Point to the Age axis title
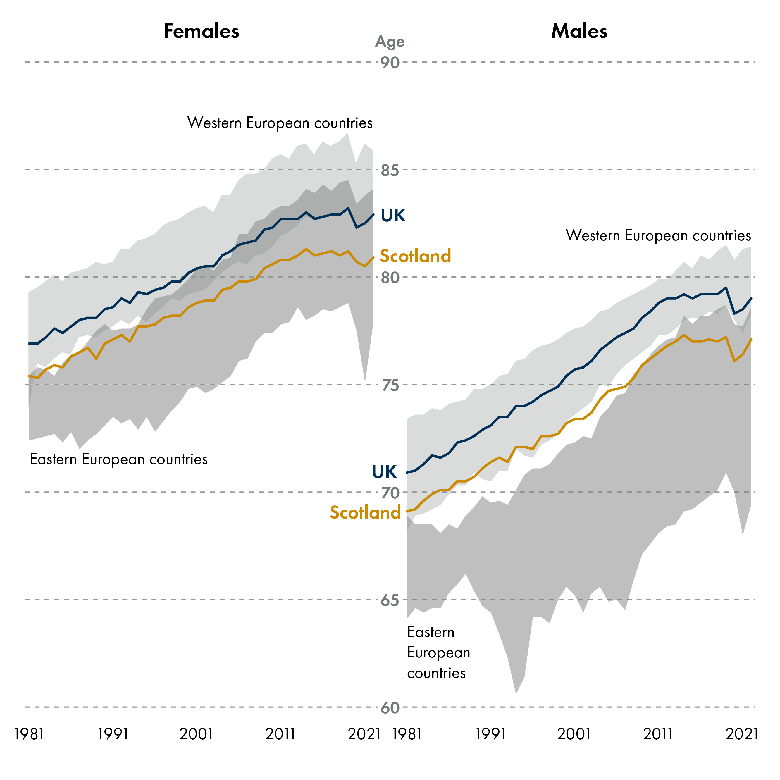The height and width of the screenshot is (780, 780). pyautogui.click(x=390, y=42)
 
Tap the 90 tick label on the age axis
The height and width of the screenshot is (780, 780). pyautogui.click(x=390, y=63)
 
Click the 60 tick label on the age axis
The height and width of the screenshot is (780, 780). pyautogui.click(x=390, y=708)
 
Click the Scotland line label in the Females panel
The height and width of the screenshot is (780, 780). pyautogui.click(x=415, y=256)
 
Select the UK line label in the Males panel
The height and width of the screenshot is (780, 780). pyautogui.click(x=384, y=471)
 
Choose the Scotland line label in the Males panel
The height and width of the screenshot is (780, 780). pyautogui.click(x=365, y=512)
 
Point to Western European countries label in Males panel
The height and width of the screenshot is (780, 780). pyautogui.click(x=658, y=235)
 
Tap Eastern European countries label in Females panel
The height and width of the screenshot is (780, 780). pyautogui.click(x=119, y=459)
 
